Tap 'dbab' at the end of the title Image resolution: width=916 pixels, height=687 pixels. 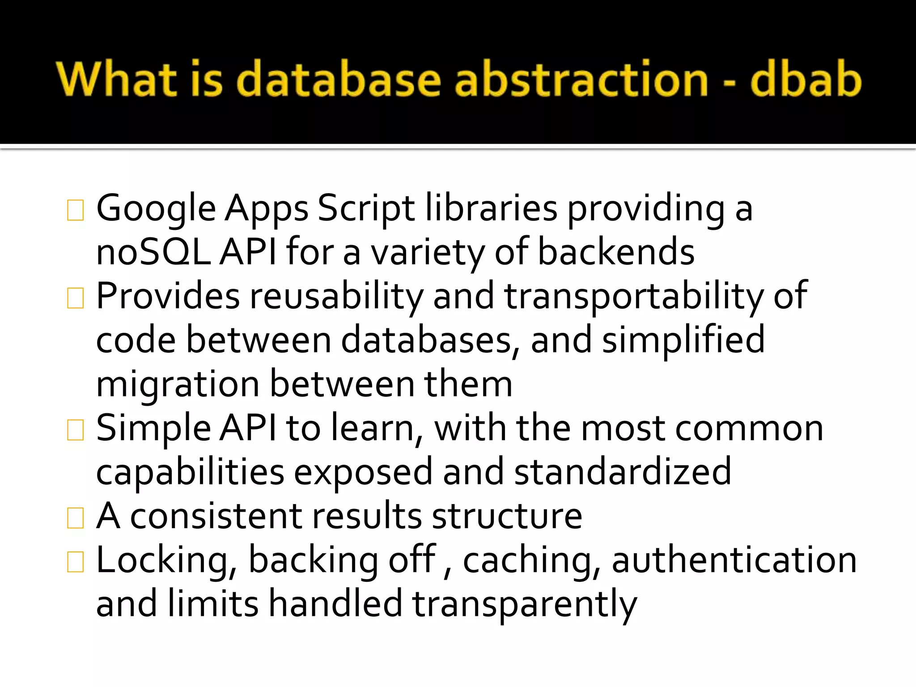[x=806, y=79]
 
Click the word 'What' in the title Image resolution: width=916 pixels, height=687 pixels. [x=117, y=79]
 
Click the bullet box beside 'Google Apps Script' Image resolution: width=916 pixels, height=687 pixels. [x=75, y=210]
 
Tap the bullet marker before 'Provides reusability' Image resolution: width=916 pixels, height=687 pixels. [x=75, y=298]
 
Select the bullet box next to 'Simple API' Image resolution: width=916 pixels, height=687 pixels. [x=75, y=430]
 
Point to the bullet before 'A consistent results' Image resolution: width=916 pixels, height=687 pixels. [x=75, y=518]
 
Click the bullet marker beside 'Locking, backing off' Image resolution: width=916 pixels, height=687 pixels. [x=75, y=562]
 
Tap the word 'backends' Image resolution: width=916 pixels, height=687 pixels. [x=616, y=252]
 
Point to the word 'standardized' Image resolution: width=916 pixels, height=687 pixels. [x=623, y=472]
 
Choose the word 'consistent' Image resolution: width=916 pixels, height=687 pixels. [x=216, y=516]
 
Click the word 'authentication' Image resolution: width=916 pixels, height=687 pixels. [x=734, y=560]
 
